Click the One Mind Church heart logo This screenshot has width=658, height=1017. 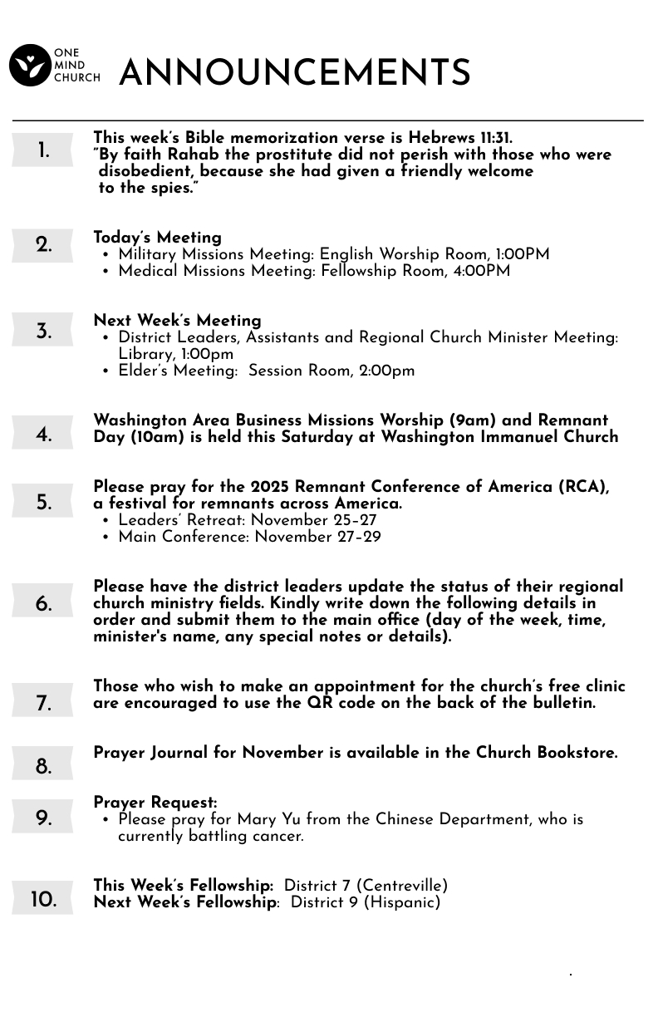pyautogui.click(x=30, y=65)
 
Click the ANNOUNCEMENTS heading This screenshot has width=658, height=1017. pyautogui.click(x=295, y=73)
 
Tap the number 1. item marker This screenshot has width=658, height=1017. pyautogui.click(x=42, y=151)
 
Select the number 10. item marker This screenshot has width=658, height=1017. pyautogui.click(x=43, y=900)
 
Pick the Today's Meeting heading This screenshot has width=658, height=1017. pyautogui.click(x=157, y=238)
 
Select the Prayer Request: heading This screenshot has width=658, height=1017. pyautogui.click(x=155, y=803)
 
